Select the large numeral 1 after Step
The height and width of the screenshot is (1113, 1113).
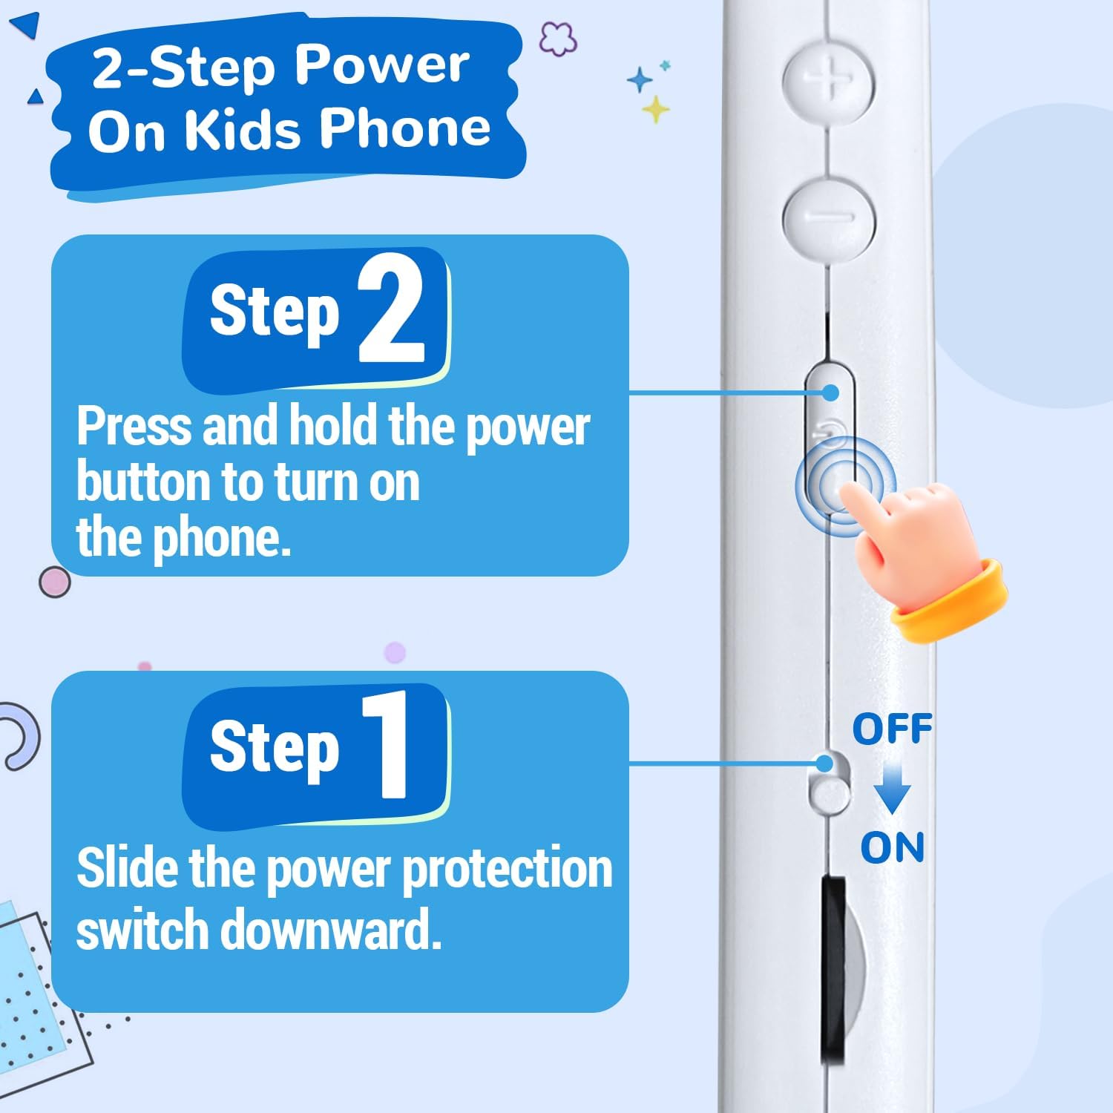tap(385, 744)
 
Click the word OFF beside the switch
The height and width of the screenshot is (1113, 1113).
tap(892, 729)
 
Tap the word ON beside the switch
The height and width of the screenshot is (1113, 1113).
tap(893, 847)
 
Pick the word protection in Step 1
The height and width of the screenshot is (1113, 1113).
tap(508, 869)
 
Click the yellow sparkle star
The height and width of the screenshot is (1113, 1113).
tap(655, 110)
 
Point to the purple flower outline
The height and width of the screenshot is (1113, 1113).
tap(558, 39)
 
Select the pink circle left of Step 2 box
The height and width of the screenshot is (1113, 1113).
tap(55, 582)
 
